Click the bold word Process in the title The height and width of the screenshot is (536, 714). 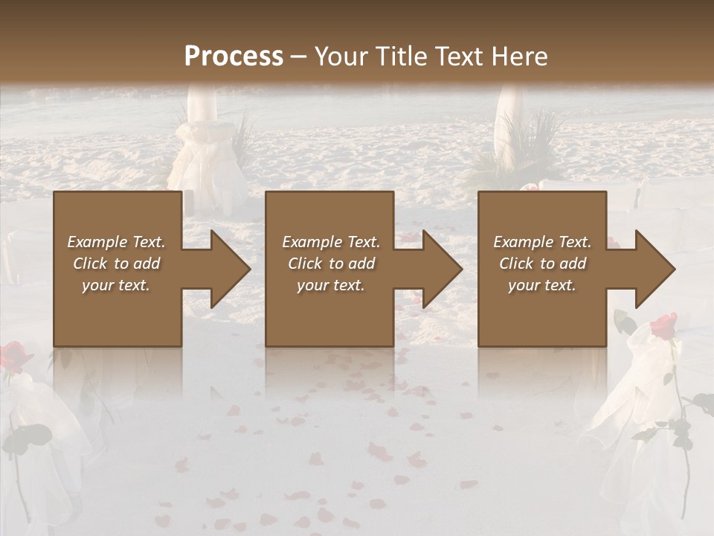(234, 57)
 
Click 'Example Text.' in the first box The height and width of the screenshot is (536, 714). (116, 242)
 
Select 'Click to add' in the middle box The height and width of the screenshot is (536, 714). (331, 264)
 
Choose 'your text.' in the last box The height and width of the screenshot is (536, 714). (542, 285)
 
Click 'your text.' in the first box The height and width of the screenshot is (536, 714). (116, 285)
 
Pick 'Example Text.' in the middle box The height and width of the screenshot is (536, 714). (331, 242)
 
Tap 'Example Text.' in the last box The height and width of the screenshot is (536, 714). (542, 242)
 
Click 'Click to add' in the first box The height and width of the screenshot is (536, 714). (116, 264)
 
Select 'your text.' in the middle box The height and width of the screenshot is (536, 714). (331, 285)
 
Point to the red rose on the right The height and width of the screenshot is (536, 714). (663, 325)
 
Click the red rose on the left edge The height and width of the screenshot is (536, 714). (13, 356)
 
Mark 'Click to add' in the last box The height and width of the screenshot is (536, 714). (542, 264)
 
